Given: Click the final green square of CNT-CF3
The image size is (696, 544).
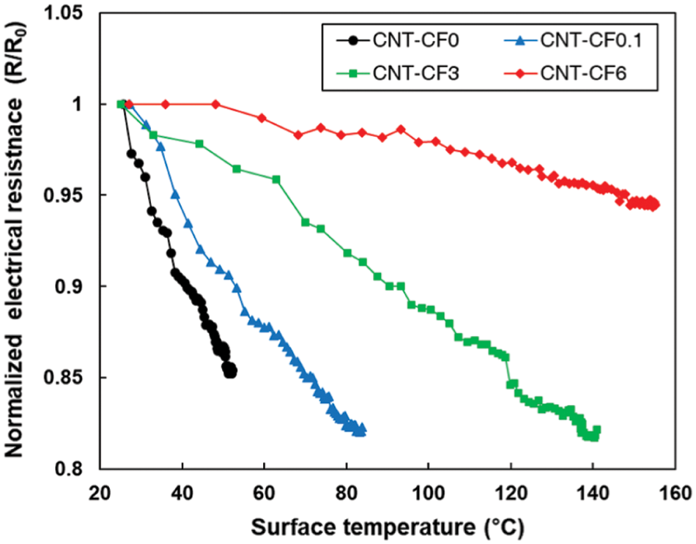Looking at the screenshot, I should pos(596,431).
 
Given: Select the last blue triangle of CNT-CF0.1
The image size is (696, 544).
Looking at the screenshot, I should pos(362,431).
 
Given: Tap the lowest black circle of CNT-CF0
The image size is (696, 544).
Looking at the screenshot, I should pos(231,372).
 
